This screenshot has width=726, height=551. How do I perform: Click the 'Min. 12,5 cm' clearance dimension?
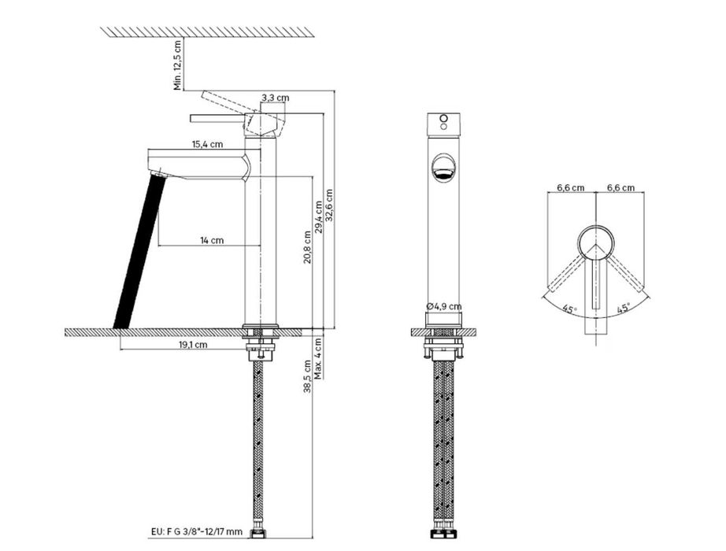point(178,65)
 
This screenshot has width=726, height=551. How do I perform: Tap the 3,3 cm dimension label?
point(275,98)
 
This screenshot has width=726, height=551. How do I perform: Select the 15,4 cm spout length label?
point(207,144)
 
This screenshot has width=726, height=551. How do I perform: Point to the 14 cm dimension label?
point(212,240)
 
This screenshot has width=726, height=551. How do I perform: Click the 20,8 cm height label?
point(307,247)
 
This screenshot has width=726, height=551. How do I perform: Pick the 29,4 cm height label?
point(319,216)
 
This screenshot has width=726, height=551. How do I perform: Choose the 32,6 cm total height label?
point(329,205)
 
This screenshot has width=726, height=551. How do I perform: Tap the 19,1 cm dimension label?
point(193,345)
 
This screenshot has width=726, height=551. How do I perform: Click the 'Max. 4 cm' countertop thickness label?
point(318,358)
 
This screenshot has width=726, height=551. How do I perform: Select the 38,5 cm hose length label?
point(307,376)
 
